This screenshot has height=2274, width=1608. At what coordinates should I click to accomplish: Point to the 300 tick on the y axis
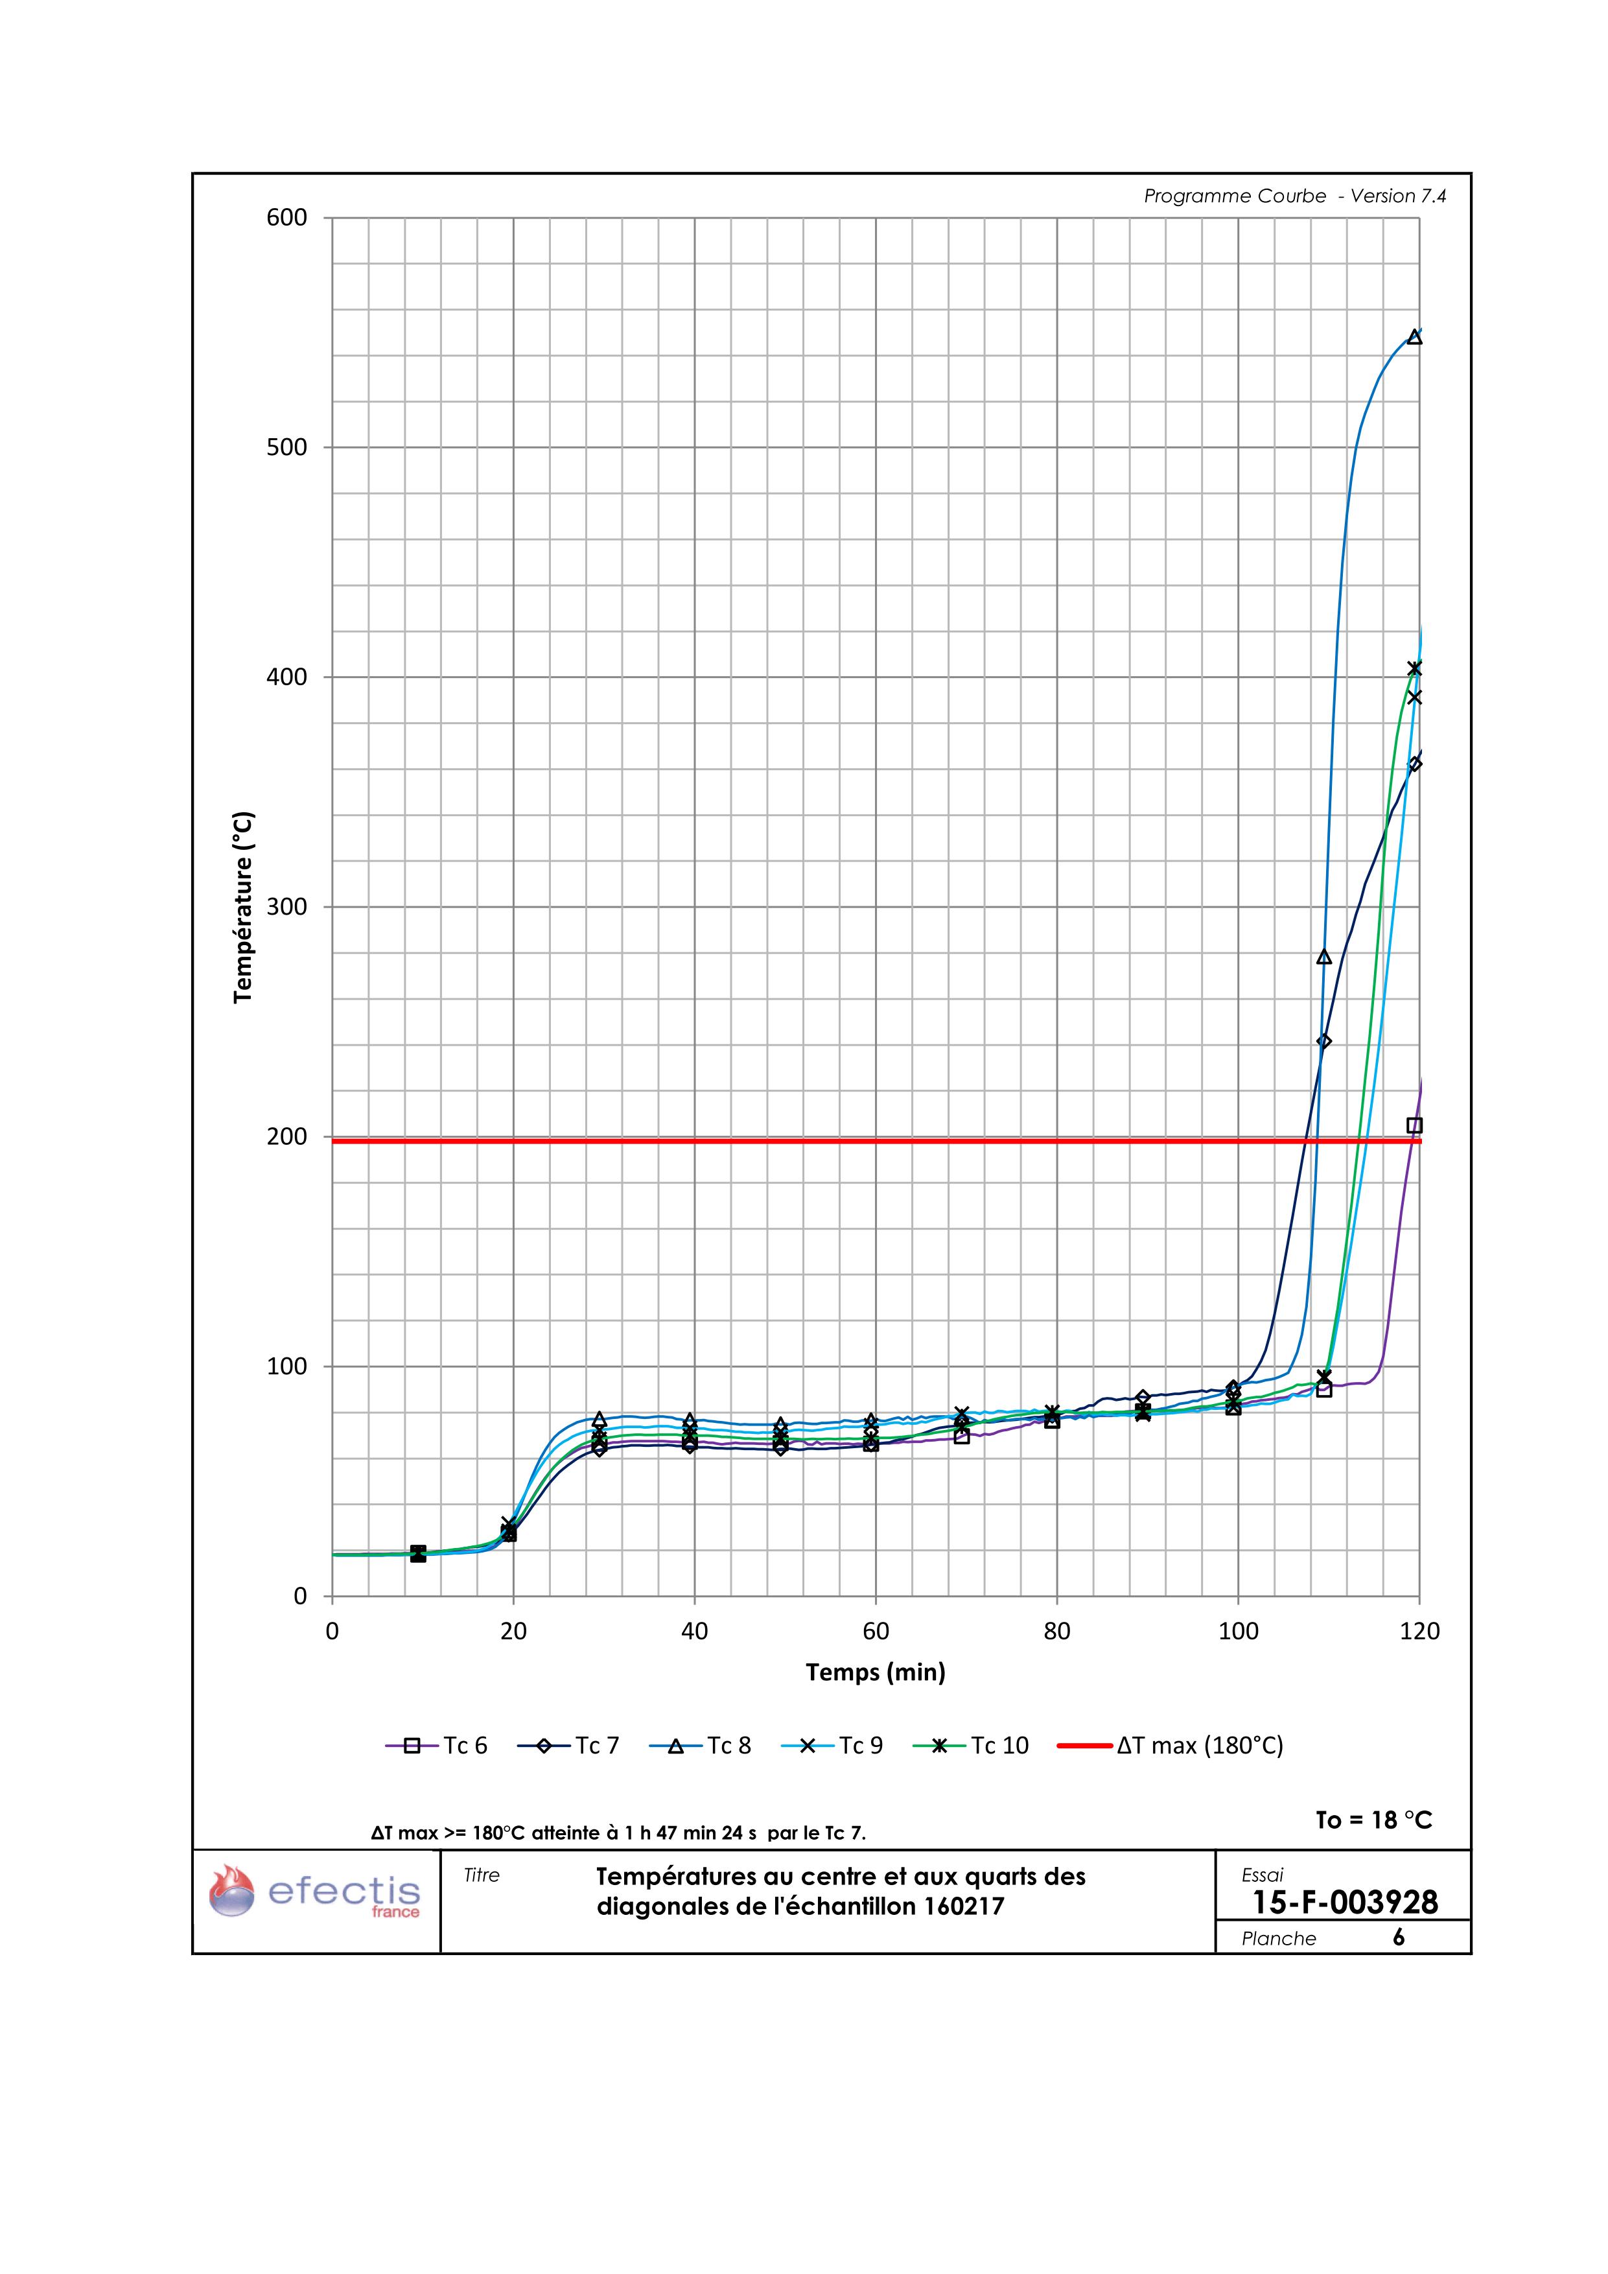286,908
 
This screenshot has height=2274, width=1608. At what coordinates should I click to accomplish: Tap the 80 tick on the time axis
1056,1631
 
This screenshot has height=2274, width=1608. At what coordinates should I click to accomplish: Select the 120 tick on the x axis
1419,1631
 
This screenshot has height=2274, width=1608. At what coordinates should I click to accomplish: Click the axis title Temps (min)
875,1673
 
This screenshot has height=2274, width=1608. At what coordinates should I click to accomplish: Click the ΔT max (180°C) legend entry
1171,1745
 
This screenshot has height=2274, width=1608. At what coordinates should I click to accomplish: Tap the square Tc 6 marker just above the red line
1414,1125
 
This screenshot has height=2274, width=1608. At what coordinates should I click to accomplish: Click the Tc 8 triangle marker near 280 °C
1324,957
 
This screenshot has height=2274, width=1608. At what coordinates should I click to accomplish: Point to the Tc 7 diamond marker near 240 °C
1324,1041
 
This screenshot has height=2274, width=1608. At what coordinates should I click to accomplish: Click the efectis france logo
315,1893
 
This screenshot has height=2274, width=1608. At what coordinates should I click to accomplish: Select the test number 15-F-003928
1345,1902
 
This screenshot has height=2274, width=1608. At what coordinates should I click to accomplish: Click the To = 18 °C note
1373,1820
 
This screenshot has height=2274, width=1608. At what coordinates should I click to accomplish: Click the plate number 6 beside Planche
1398,1938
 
